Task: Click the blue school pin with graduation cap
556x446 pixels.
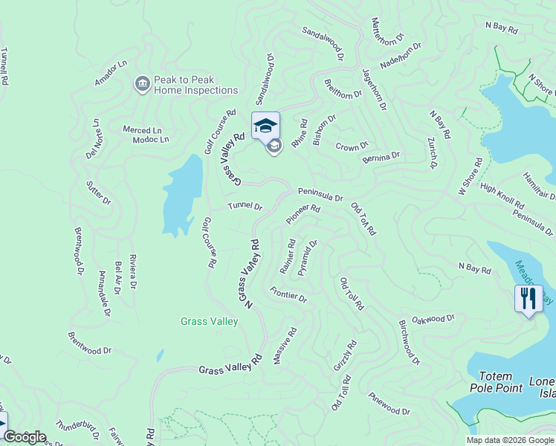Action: (265, 125)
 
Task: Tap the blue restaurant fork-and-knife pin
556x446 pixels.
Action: (528, 299)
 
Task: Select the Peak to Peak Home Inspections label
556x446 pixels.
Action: (195, 85)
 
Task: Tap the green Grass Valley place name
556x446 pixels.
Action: (209, 321)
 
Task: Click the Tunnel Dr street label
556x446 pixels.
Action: (245, 206)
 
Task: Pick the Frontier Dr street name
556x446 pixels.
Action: (288, 294)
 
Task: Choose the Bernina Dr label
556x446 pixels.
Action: (381, 158)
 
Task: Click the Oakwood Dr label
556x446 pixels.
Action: (433, 319)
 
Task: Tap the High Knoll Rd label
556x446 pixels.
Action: (502, 197)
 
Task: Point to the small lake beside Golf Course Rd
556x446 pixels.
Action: (181, 195)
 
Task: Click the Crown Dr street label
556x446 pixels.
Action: (352, 146)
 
